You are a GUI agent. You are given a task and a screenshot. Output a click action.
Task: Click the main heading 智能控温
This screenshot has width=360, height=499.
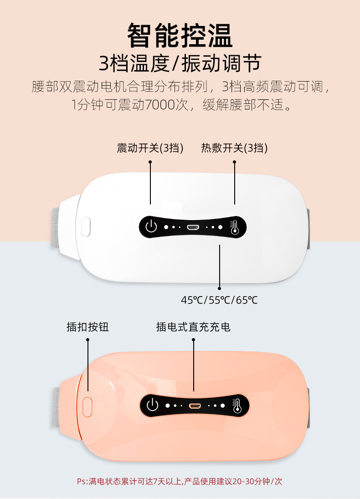180,36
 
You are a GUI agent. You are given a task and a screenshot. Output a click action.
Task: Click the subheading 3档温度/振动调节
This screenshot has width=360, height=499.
180,64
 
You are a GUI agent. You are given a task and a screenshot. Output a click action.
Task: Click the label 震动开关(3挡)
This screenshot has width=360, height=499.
150,148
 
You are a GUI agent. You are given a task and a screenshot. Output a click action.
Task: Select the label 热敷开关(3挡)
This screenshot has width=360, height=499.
234,148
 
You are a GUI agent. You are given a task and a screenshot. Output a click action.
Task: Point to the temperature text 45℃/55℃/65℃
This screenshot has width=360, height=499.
219,300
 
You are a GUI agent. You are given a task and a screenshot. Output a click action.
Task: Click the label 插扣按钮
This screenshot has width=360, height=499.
87,327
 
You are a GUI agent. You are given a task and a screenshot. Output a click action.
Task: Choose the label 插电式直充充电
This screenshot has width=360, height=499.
193,327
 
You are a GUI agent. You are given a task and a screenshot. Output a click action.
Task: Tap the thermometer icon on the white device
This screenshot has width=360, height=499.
235,226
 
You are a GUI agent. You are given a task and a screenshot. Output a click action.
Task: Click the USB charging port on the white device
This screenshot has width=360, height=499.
193,226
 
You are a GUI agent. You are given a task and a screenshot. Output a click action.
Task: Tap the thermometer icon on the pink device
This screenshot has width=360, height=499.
237,405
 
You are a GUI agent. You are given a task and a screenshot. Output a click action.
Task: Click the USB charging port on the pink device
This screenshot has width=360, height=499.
195,405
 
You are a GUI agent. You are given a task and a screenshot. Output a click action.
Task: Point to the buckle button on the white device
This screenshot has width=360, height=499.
86,226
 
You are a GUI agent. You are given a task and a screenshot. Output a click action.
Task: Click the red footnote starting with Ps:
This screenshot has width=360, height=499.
180,481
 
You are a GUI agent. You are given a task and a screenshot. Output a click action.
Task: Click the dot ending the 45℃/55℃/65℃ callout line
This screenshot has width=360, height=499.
219,288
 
